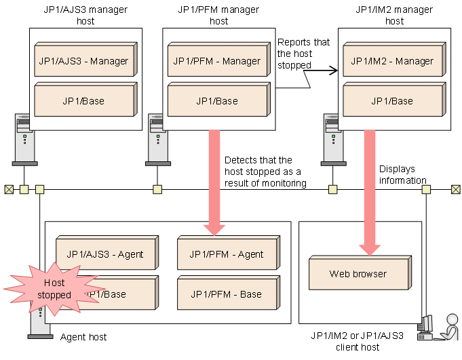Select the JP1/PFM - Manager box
[x=216, y=61]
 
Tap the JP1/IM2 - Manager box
[x=391, y=61]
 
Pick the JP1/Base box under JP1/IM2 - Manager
[x=391, y=101]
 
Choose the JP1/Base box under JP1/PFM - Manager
[x=216, y=101]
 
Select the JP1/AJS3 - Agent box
[x=105, y=255]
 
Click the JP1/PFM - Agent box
[x=227, y=255]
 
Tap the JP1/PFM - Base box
[x=227, y=294]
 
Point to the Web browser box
[x=358, y=274]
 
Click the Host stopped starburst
[x=52, y=290]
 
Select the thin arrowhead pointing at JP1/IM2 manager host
[x=334, y=69]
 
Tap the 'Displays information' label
[x=402, y=174]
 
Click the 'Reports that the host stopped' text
[x=303, y=54]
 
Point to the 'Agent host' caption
[x=83, y=337]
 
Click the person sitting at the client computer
[x=448, y=327]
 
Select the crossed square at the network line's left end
[x=8, y=189]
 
